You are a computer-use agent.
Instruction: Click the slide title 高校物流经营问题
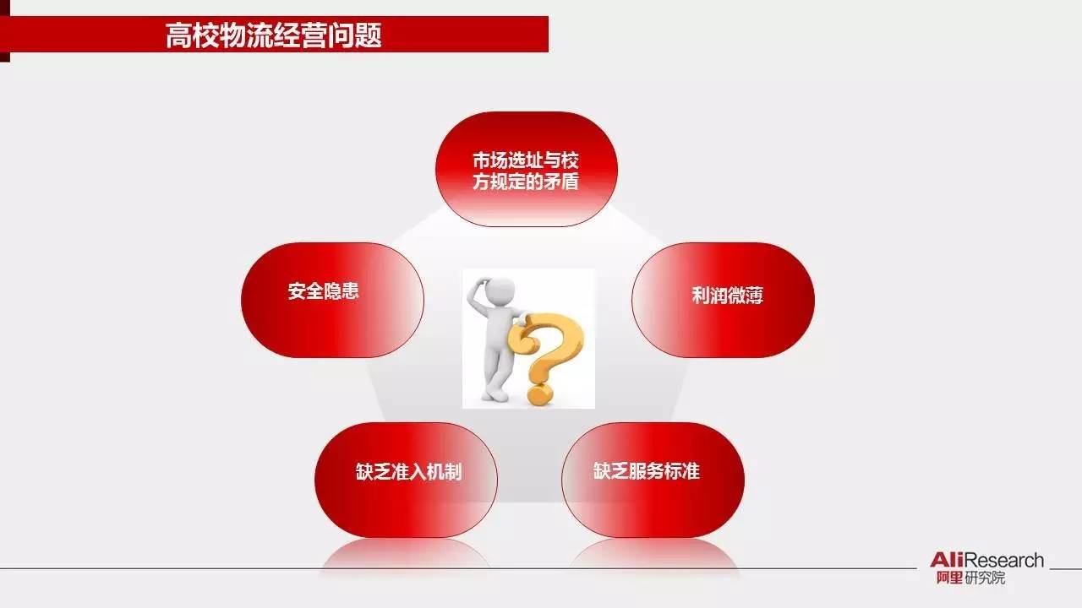click(273, 35)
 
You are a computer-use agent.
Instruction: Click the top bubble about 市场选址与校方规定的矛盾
click(526, 169)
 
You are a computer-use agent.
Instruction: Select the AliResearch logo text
click(986, 561)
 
